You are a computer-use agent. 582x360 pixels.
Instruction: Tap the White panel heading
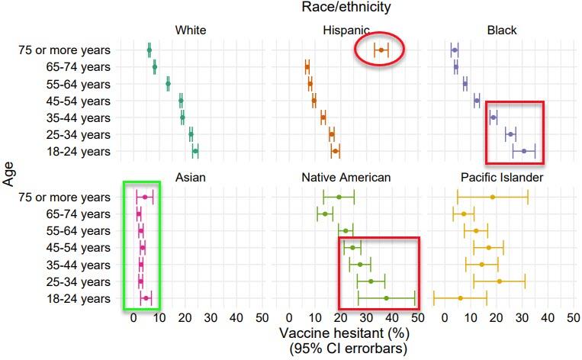[x=191, y=31]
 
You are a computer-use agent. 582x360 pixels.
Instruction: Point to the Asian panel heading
[x=191, y=178]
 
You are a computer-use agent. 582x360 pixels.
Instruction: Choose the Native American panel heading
[x=347, y=178]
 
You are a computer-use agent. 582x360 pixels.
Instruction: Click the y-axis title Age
[x=10, y=174]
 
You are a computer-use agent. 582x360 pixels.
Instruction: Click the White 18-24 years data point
[x=195, y=152]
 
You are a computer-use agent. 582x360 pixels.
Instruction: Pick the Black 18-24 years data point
[x=523, y=152]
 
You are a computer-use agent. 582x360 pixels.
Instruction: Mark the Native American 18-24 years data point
[x=386, y=298]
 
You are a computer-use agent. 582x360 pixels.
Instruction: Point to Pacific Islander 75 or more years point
[x=493, y=198]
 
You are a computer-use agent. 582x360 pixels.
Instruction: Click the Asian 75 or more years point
[x=145, y=198]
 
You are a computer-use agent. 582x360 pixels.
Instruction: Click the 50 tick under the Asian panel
[x=261, y=317]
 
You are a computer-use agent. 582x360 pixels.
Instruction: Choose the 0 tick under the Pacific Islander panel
[x=445, y=317]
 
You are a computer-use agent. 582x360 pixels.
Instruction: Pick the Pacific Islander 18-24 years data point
[x=461, y=298]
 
